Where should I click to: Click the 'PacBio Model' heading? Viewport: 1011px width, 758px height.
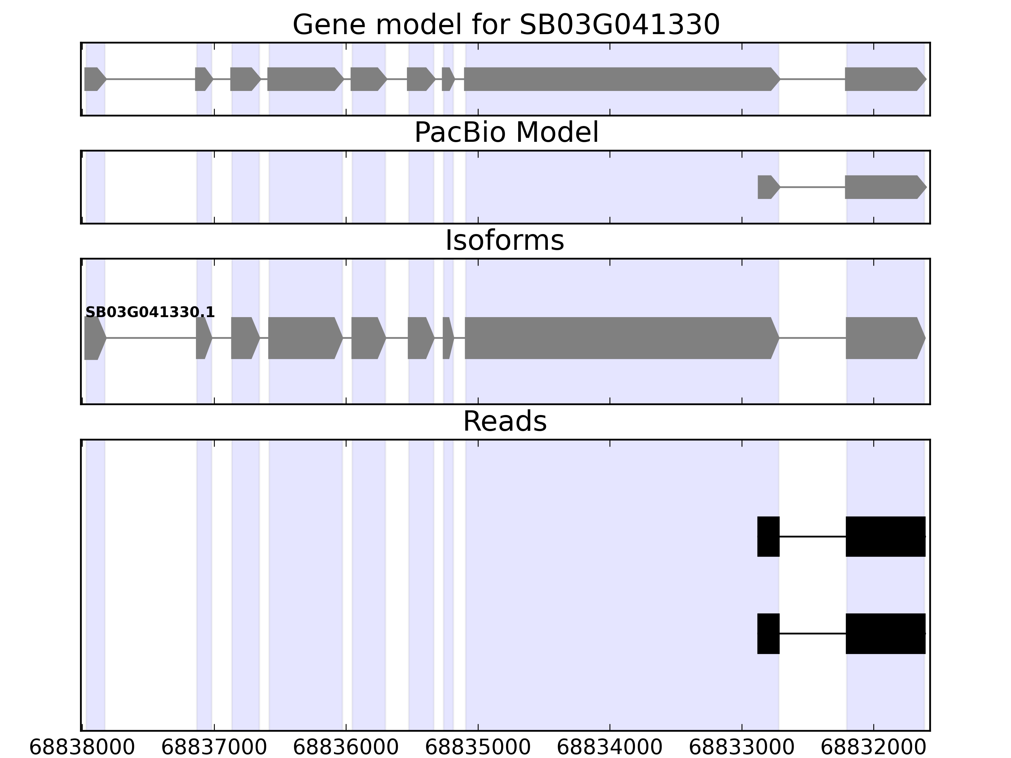[505, 133]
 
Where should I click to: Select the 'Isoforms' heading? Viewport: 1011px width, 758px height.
[504, 241]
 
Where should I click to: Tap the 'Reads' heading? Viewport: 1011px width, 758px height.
[504, 421]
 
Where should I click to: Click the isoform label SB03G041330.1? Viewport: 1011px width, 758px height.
[150, 313]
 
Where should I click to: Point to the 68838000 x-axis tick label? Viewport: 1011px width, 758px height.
[82, 748]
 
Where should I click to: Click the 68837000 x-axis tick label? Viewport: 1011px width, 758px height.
[214, 748]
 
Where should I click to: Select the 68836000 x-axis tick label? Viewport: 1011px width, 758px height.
[346, 748]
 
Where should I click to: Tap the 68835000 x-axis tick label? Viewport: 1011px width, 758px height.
[478, 748]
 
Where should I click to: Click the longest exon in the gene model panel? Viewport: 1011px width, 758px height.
[619, 79]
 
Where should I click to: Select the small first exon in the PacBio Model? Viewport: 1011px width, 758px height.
[767, 187]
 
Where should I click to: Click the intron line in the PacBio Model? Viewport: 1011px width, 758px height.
[812, 187]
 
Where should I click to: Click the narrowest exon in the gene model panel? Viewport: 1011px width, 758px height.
[447, 79]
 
